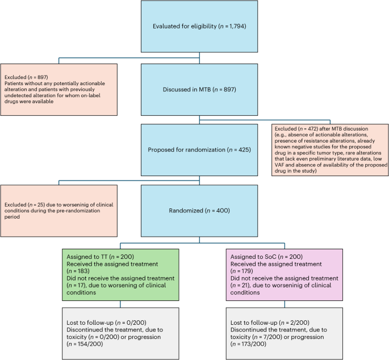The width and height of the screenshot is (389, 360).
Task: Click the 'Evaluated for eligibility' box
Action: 195,27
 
